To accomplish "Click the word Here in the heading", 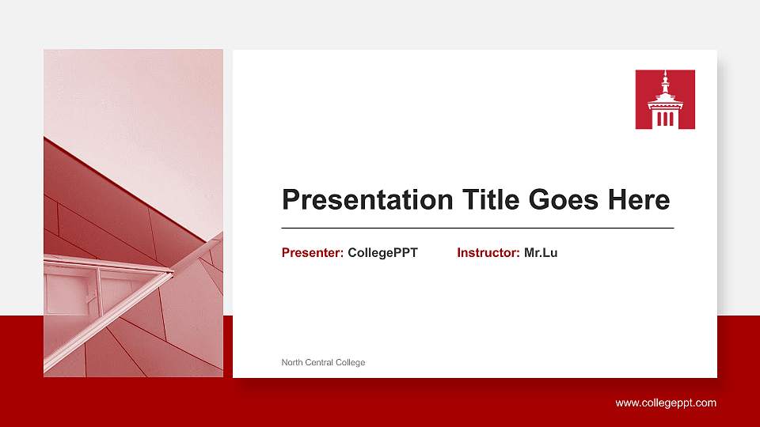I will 638,200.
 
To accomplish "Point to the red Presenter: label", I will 312,253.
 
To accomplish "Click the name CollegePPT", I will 382,253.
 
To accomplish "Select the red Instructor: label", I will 488,253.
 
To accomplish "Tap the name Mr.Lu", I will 541,253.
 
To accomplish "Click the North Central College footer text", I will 323,362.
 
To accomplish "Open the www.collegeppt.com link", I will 666,403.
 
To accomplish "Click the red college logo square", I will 665,100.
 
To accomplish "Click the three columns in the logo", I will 665,119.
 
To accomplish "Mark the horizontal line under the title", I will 477,228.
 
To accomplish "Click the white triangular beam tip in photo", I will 168,274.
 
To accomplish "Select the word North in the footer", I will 292,362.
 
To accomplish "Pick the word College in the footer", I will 351,362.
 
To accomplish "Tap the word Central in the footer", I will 320,362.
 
